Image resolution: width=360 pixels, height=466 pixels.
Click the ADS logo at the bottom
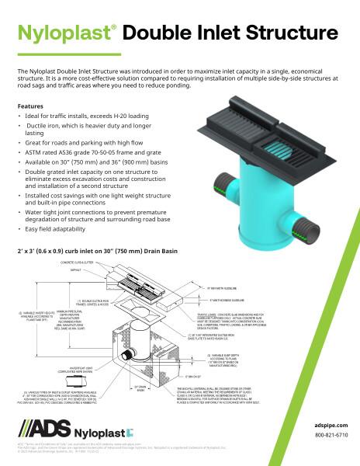(x=42, y=429)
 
